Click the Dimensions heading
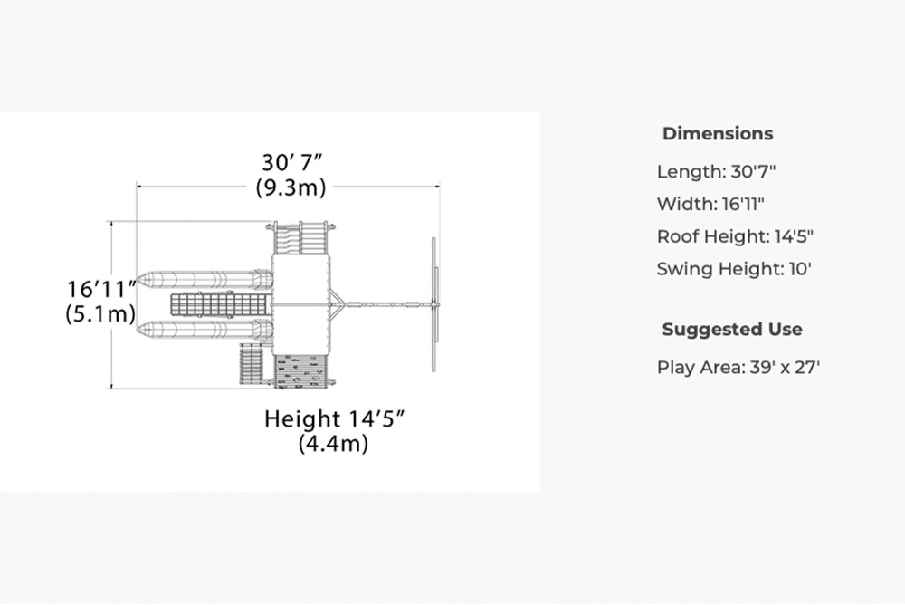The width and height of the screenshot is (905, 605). coord(718,133)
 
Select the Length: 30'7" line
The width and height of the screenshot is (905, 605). coord(716,171)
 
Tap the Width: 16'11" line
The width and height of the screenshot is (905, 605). coord(710,204)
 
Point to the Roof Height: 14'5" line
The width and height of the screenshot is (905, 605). coord(735,236)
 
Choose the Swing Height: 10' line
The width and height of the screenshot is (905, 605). coord(734,269)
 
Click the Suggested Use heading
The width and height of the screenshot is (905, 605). coord(732,330)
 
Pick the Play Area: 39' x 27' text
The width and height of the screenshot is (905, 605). coord(738,368)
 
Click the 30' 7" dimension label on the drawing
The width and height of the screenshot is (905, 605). coord(291,162)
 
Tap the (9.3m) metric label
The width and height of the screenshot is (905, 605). coord(291,187)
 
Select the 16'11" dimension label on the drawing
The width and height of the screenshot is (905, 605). coord(101,290)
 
